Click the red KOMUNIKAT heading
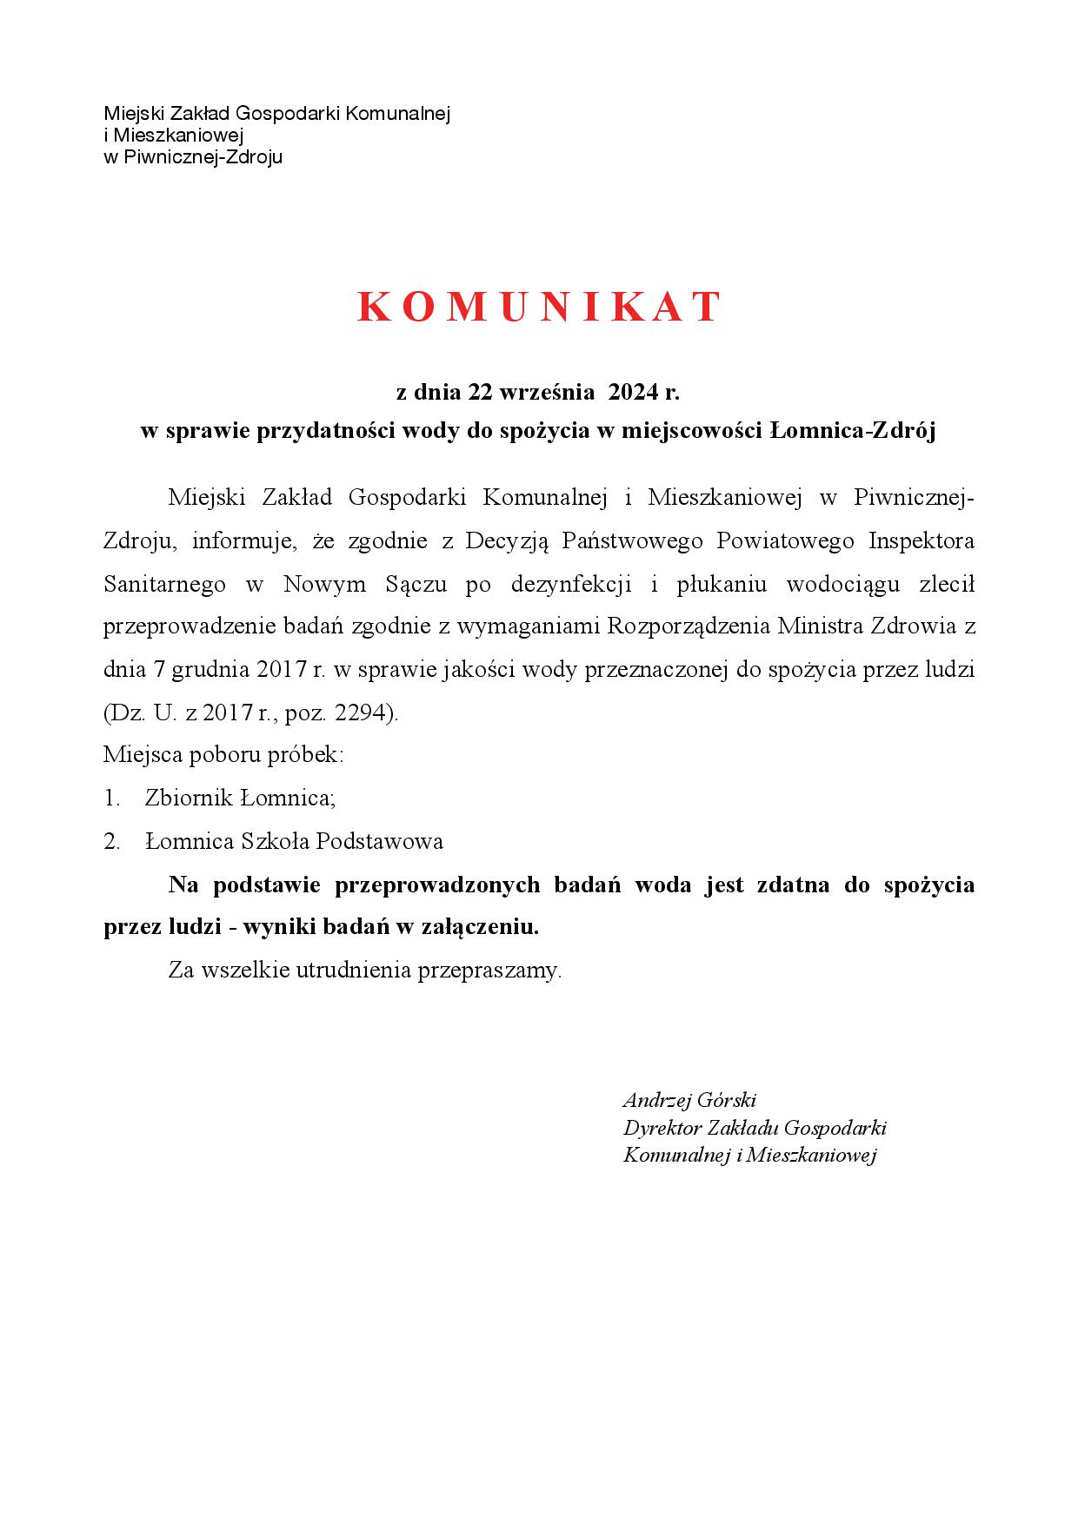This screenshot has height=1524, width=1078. click(x=539, y=307)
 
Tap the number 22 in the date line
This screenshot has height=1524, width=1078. click(x=481, y=393)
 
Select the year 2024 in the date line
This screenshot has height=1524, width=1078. click(x=633, y=393)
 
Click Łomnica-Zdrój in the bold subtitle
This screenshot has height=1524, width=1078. click(x=853, y=431)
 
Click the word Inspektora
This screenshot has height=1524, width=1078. click(x=922, y=541)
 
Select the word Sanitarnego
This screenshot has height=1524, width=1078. click(x=164, y=585)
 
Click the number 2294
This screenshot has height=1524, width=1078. click(x=365, y=713)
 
